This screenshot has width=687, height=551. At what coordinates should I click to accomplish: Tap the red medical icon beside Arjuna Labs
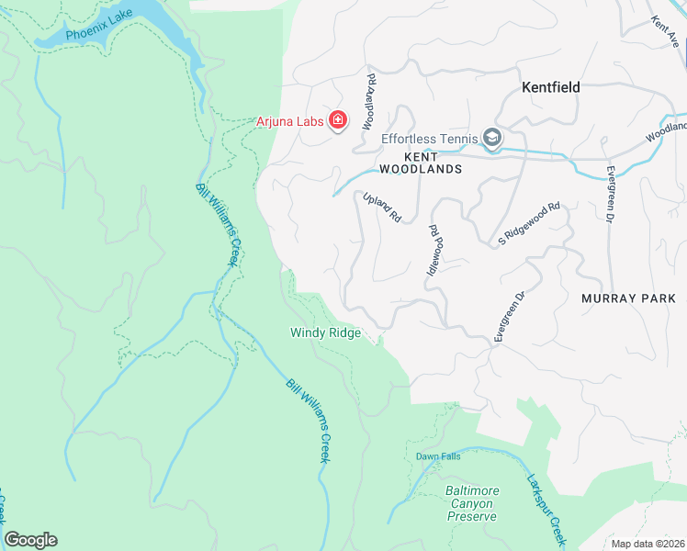pos(338,121)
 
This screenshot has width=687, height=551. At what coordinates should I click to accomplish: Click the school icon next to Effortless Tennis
pos(493,139)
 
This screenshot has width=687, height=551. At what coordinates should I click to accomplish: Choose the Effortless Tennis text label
pos(430,140)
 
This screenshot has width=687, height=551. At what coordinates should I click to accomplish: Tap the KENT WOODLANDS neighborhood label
pos(421,163)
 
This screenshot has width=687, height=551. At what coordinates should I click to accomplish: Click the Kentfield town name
pos(551,88)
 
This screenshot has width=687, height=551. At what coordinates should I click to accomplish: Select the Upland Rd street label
pos(382,208)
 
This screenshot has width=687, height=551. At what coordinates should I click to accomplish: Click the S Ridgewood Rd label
pos(529,224)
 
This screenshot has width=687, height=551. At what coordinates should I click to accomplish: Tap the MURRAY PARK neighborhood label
pos(628,298)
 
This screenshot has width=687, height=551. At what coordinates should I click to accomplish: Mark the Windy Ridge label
pos(325,333)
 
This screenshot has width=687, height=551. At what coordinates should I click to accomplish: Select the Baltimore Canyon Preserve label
pos(471,503)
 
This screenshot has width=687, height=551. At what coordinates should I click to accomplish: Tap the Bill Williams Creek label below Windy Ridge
pos(307,421)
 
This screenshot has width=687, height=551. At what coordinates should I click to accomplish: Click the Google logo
pos(30,539)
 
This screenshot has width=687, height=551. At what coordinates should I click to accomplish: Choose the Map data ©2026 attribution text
pos(648,544)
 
